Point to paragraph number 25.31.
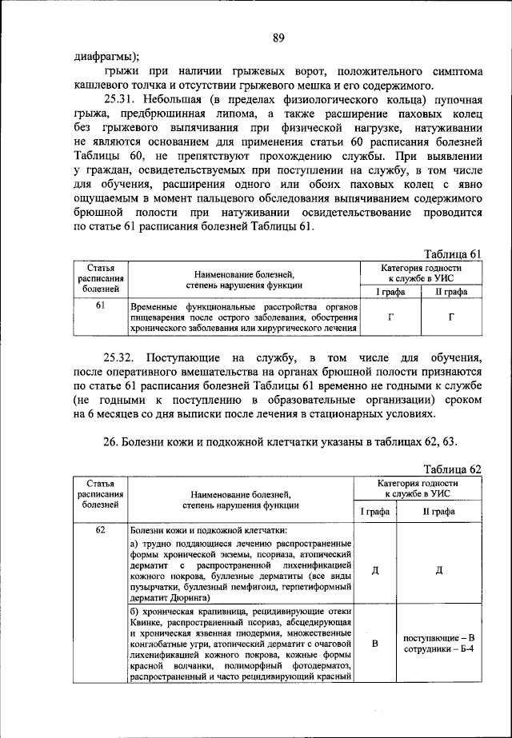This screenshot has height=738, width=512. [122, 99]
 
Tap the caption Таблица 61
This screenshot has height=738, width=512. [453, 253]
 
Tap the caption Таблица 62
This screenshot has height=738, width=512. [453, 469]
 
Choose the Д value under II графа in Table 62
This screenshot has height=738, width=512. [439, 569]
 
